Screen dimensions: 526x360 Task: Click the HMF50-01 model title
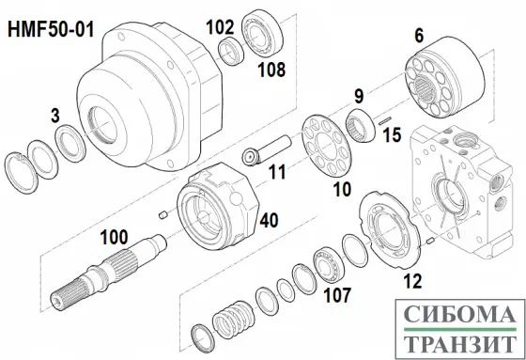(51, 29)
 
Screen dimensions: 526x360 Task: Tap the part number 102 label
(220, 27)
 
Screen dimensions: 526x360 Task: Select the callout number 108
(271, 70)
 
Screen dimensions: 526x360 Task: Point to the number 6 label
(419, 36)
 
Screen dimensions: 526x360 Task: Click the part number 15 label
(392, 135)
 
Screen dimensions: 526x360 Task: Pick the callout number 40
(269, 221)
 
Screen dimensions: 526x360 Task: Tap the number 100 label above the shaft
(114, 237)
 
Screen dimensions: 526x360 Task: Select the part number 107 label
(337, 295)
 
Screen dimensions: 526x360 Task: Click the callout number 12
(412, 281)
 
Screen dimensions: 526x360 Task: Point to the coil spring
(234, 320)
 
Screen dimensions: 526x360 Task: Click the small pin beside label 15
(385, 120)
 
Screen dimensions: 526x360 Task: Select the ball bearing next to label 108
(262, 32)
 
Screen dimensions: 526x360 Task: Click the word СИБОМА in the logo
(459, 315)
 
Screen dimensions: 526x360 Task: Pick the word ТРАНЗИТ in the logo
(459, 343)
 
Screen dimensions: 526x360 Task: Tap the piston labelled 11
(267, 150)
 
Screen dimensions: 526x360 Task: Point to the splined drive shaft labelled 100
(109, 270)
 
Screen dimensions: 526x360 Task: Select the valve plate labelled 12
(389, 230)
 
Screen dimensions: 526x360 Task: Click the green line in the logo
(459, 329)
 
